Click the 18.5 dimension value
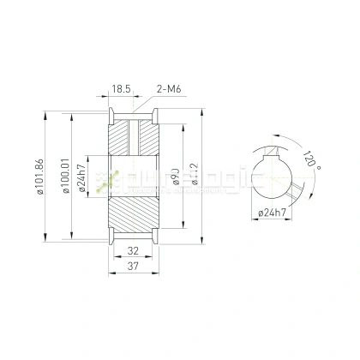(x=121, y=87)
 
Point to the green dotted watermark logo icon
(x=106, y=179)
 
